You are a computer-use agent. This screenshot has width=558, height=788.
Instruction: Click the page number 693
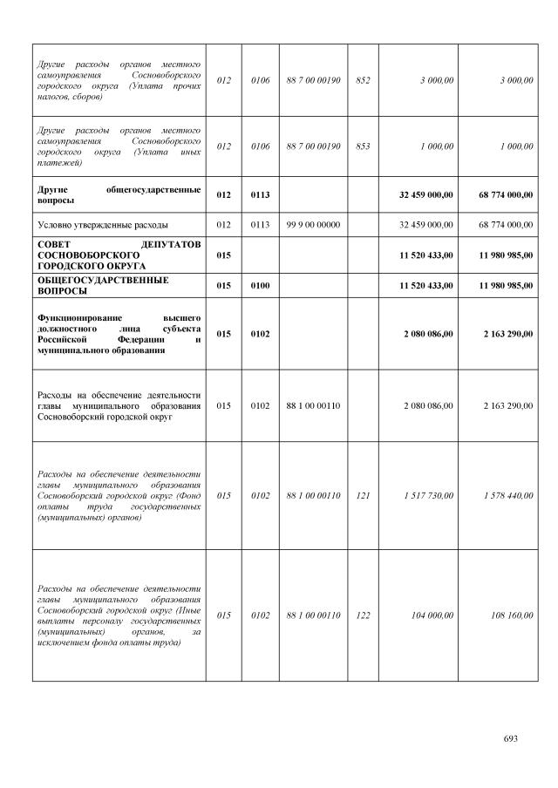(x=511, y=738)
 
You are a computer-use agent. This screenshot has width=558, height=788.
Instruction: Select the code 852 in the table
(x=363, y=80)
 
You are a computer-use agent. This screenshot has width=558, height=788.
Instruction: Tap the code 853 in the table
(x=363, y=146)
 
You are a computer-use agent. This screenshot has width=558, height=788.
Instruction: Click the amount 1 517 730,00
(x=429, y=495)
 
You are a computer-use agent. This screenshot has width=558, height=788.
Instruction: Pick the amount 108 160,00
(x=512, y=615)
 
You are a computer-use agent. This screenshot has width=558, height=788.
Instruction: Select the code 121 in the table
(x=363, y=495)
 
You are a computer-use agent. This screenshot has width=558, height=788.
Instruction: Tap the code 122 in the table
(x=363, y=615)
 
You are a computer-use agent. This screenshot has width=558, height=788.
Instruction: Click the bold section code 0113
(x=260, y=195)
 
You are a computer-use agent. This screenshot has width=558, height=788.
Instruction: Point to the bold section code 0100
(x=260, y=286)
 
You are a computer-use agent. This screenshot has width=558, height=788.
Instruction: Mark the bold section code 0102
(x=260, y=334)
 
